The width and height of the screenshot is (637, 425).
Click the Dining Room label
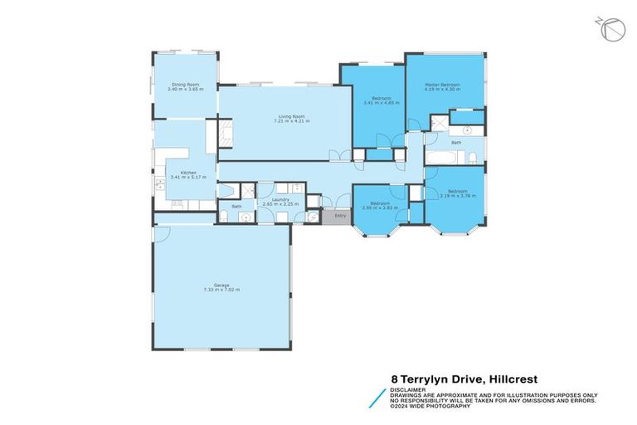click(184, 84)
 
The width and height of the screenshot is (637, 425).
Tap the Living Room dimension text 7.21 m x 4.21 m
click(291, 122)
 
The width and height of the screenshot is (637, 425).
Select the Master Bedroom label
click(442, 85)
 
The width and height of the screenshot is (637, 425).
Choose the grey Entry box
click(338, 216)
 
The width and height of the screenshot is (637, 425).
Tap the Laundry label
click(274, 199)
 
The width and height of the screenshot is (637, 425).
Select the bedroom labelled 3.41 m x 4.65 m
click(382, 100)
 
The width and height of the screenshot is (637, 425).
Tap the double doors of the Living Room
click(335, 155)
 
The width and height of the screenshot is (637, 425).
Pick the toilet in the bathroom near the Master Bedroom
click(470, 157)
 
